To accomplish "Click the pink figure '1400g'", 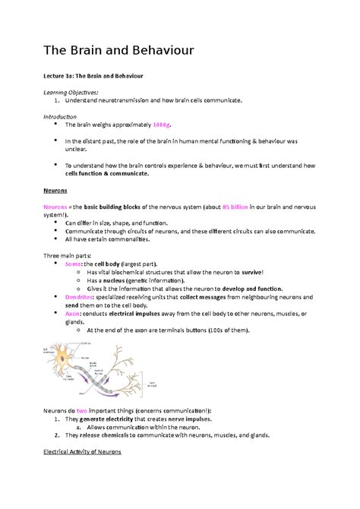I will click(x=163, y=124).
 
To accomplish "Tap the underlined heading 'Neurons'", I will click(x=55, y=191).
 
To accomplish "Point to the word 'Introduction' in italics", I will click(x=63, y=116).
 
